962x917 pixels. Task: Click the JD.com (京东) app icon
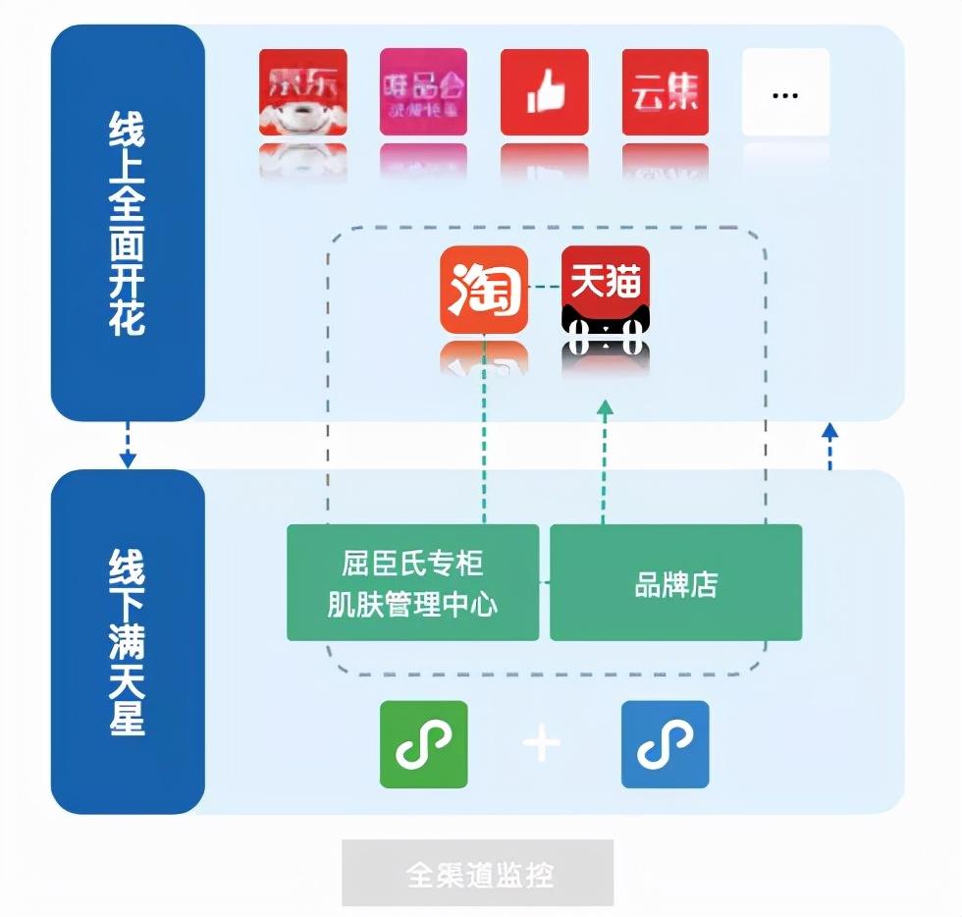click(x=302, y=92)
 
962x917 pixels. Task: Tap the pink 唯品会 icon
click(x=423, y=92)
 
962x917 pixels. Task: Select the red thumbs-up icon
click(x=544, y=92)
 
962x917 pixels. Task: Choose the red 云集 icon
click(x=666, y=92)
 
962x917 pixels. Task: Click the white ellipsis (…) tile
click(x=785, y=92)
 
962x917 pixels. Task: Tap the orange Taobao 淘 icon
click(x=483, y=290)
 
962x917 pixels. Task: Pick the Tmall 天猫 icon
click(x=605, y=300)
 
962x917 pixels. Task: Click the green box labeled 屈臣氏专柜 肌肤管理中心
click(x=412, y=582)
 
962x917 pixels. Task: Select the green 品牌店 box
click(x=675, y=582)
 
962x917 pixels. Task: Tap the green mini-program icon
click(x=423, y=744)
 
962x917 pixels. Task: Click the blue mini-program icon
click(x=665, y=744)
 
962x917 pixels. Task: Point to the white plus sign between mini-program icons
click(x=541, y=743)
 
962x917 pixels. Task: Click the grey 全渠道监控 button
click(x=477, y=873)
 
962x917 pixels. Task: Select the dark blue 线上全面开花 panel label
click(x=128, y=224)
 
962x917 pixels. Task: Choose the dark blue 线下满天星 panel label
click(x=128, y=642)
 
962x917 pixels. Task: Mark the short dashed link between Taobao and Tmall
click(x=544, y=287)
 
